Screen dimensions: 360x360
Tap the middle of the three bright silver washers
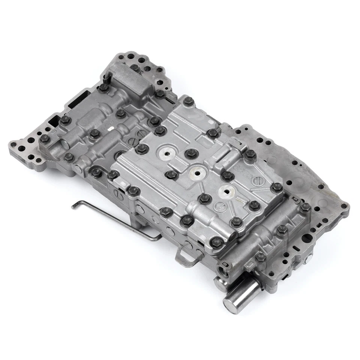pyautogui.click(x=196, y=172)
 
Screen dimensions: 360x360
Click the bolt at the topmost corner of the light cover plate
pyautogui.click(x=187, y=100)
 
